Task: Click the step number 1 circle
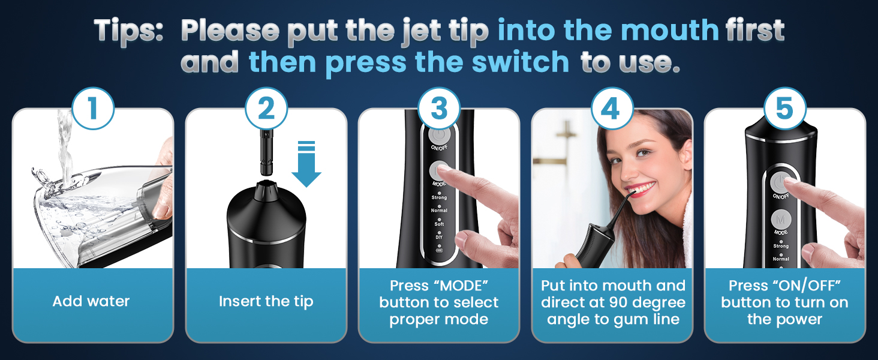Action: tap(92, 109)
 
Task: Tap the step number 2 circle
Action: tap(266, 109)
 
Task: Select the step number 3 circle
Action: tap(439, 109)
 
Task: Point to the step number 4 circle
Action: tap(612, 109)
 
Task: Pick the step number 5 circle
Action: tap(784, 109)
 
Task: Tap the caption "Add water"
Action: tap(91, 301)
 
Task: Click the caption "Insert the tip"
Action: tap(266, 301)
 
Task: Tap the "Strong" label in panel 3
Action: tap(439, 197)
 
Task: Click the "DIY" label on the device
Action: tap(439, 238)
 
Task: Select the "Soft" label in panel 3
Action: tap(439, 224)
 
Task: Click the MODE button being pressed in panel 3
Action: tap(438, 170)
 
